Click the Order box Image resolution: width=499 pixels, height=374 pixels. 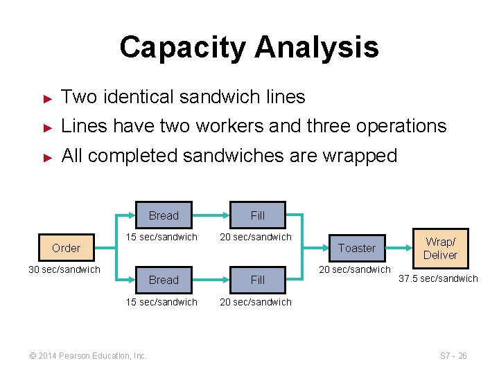[66, 248]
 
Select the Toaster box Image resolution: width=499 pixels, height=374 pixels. [357, 248]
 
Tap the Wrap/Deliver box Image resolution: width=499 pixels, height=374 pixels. [441, 248]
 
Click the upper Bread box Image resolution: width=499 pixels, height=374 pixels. [164, 215]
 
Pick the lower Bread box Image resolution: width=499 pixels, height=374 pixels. [164, 280]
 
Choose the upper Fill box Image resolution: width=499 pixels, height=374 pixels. [258, 215]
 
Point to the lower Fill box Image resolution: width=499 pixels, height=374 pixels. [258, 280]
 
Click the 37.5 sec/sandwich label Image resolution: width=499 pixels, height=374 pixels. [439, 278]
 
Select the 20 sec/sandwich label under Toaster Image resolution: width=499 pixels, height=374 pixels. [355, 269]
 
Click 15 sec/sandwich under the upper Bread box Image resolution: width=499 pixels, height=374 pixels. [161, 238]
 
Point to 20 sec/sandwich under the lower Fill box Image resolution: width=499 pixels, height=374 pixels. [256, 302]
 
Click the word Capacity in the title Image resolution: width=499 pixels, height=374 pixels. [182, 48]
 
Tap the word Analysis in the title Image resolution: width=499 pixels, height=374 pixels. [317, 48]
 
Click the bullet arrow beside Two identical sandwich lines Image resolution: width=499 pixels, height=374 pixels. [48, 98]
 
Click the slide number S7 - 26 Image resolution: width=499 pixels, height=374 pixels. [454, 356]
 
